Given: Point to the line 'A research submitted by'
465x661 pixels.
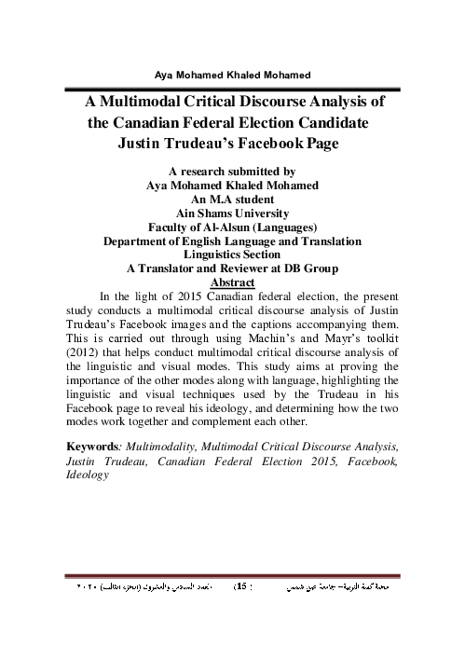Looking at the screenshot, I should coord(232,172).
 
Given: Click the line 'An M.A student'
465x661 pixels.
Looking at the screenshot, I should coord(232,198).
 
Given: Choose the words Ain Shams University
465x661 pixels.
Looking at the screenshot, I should coord(232,212).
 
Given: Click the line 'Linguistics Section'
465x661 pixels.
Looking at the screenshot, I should coord(232,253).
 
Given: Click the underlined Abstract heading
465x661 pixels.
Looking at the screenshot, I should coord(233,281).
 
